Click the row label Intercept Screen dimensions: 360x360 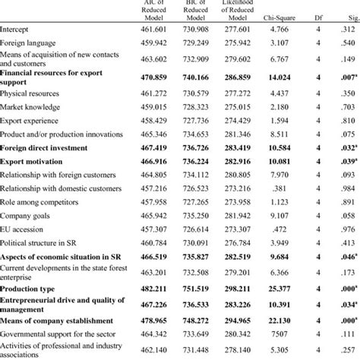17,28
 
